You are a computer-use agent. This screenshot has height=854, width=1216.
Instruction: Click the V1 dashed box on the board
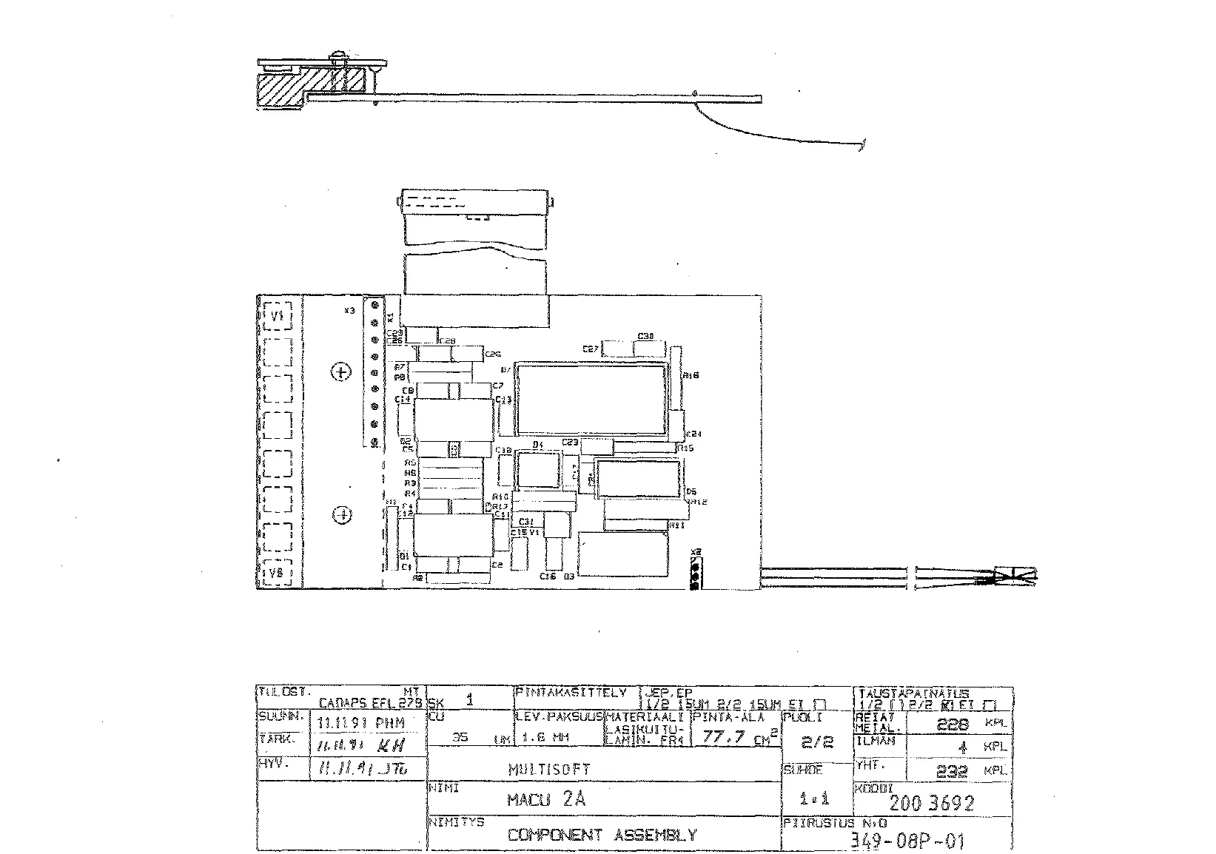(278, 317)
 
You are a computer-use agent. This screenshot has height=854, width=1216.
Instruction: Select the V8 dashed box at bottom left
(278, 573)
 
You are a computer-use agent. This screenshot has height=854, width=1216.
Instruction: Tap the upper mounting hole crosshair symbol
(340, 371)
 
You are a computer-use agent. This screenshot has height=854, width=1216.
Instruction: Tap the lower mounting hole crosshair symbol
(342, 514)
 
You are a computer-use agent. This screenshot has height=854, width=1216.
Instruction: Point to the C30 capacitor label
(645, 337)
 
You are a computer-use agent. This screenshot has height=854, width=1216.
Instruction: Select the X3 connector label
(349, 311)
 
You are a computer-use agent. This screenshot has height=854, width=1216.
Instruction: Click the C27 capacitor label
(590, 349)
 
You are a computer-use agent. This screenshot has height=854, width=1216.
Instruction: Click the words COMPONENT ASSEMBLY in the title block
(602, 835)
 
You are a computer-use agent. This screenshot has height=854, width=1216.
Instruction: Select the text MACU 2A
(546, 800)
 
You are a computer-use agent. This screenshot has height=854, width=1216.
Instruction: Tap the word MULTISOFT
(549, 770)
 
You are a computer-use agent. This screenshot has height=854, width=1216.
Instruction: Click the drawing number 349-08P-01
(907, 841)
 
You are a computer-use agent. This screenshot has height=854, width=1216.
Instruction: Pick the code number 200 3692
(931, 803)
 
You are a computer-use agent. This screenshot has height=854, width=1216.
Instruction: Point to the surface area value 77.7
(724, 737)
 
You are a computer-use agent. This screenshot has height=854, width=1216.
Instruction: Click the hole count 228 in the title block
(952, 725)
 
